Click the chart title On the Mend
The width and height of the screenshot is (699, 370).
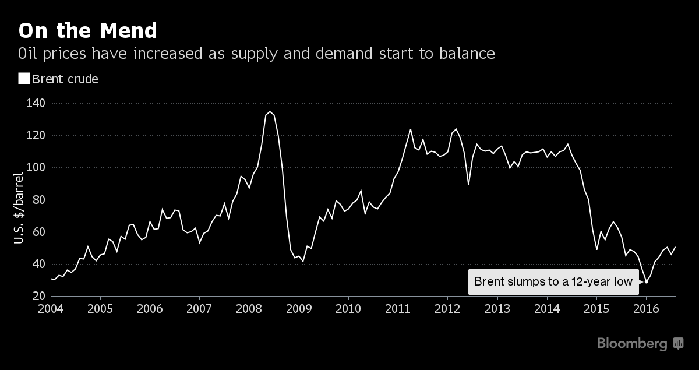[x=88, y=30]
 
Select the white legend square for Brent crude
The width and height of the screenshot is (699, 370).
[x=24, y=79]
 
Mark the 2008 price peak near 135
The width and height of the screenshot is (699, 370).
[x=270, y=111]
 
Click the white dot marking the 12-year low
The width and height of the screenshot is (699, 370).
[x=647, y=282]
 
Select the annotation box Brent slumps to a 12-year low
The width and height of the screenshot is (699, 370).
[x=553, y=282]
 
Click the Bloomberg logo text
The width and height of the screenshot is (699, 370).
[x=632, y=344]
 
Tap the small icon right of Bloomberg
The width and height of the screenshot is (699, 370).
[x=678, y=343]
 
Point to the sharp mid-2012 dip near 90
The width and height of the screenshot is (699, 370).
[x=469, y=185]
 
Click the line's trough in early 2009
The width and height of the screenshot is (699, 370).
[x=303, y=261]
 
